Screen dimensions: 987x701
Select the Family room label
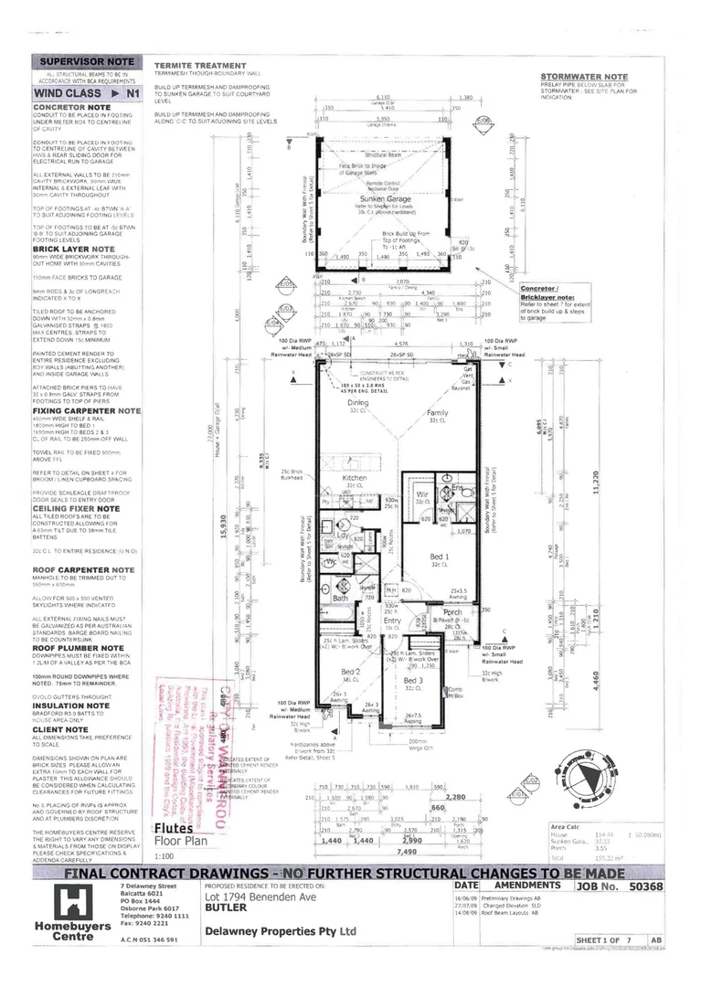[438, 414]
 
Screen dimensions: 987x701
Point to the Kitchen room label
[354, 478]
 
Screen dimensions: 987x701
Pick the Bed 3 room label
[414, 681]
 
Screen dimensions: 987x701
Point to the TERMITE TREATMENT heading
[200, 66]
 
